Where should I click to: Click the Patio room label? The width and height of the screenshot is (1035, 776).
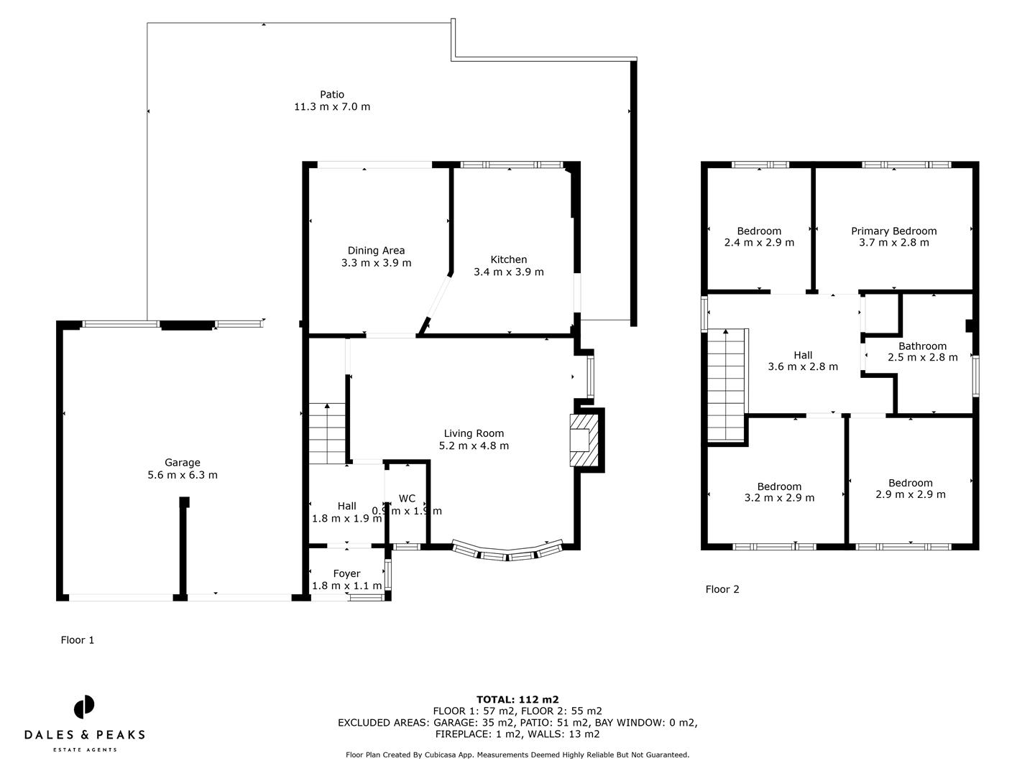331,94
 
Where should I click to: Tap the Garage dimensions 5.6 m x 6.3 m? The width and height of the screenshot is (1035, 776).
182,475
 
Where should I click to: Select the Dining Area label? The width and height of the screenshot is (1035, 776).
376,251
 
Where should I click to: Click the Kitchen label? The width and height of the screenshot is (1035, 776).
508,259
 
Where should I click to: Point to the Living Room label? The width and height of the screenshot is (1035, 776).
474,433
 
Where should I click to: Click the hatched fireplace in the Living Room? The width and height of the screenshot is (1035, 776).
583,440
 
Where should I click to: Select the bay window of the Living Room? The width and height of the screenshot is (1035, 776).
507,552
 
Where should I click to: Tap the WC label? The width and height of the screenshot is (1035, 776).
407,499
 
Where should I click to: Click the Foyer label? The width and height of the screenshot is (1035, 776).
346,573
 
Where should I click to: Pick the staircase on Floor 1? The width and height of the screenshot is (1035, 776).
328,435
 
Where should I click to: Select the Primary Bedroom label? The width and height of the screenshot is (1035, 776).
893,231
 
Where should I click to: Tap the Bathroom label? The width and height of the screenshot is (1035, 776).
922,346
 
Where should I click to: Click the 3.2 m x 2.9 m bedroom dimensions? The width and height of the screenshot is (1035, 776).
779,498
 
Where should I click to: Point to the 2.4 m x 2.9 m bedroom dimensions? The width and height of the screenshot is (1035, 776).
759,243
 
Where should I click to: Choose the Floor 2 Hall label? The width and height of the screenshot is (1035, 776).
803,355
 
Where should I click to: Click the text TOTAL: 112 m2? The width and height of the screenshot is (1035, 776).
517,699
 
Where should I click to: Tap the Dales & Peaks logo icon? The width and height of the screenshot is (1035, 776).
84,707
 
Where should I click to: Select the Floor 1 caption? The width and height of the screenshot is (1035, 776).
77,640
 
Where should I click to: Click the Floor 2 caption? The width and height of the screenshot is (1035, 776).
722,589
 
